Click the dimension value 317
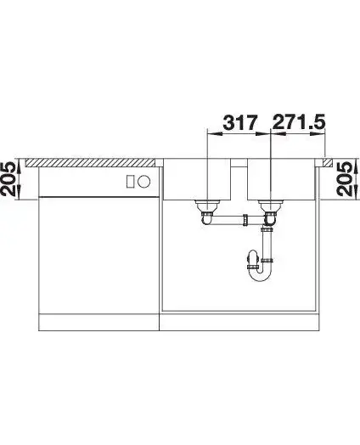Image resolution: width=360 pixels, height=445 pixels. pyautogui.click(x=240, y=122)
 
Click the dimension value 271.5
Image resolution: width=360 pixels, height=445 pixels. pyautogui.click(x=298, y=122)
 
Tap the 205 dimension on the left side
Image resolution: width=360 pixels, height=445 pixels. pyautogui.click(x=8, y=179)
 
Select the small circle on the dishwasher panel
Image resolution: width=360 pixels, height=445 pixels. pyautogui.click(x=143, y=181)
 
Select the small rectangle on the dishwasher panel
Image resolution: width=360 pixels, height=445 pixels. pyautogui.click(x=130, y=181)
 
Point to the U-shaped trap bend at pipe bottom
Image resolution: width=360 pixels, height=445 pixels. pyautogui.click(x=260, y=273)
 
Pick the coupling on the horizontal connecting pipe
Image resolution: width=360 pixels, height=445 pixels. pyautogui.click(x=245, y=220)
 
